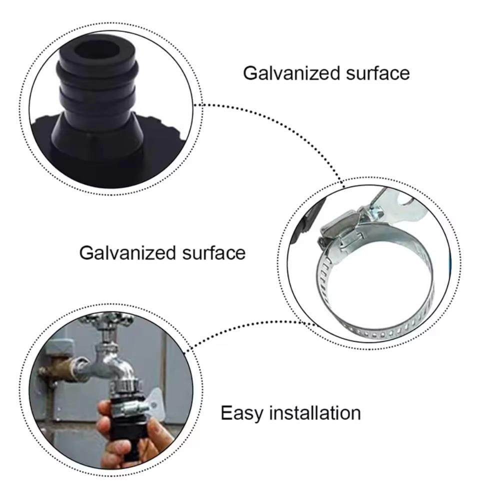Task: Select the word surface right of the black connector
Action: pos(378,73)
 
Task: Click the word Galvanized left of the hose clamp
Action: pos(126,252)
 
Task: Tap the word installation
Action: pos(315,413)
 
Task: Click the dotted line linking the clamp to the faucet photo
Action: pos(250,330)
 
